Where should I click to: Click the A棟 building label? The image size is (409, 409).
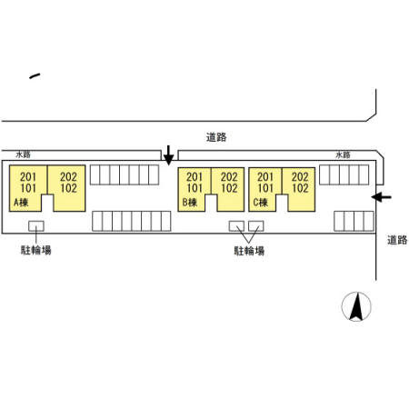tap(21, 202)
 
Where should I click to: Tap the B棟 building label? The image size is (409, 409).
tap(190, 202)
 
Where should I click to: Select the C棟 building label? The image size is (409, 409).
tap(261, 202)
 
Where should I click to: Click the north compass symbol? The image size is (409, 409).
tap(356, 306)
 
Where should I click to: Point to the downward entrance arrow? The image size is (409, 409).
tap(168, 155)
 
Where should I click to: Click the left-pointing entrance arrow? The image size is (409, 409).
tap(382, 197)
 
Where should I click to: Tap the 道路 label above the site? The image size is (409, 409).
tap(216, 137)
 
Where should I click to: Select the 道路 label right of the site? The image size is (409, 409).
tap(397, 240)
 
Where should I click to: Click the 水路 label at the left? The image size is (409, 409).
tap(24, 155)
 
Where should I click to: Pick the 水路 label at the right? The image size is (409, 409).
tap(343, 155)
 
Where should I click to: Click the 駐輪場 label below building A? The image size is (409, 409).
tap(36, 250)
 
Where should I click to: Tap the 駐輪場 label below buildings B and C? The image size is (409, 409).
tap(249, 251)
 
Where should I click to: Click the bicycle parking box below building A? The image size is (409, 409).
tap(36, 226)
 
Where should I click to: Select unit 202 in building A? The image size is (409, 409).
tap(68, 176)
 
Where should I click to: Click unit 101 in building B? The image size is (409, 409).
tap(195, 188)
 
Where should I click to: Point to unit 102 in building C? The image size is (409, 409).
tap(300, 188)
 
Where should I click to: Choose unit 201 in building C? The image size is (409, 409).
tap(265, 176)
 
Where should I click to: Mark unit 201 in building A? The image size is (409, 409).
tap(28, 176)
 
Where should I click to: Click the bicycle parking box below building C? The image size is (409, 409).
tap(256, 226)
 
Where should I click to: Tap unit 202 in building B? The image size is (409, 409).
tap(229, 176)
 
